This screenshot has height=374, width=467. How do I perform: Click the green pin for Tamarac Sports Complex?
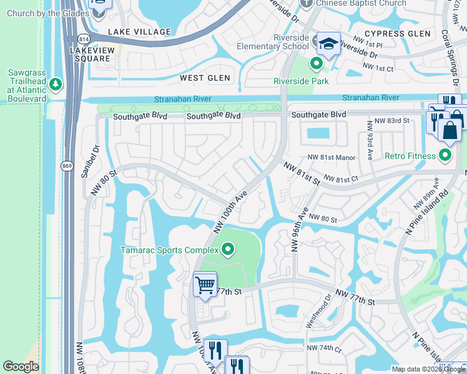point(228,250)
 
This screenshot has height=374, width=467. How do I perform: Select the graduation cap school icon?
point(328,43)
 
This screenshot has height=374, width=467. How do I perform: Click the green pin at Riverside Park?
point(317,63)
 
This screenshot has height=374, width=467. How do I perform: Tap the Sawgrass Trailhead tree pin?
point(56,83)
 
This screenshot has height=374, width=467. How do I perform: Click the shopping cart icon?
point(205,285)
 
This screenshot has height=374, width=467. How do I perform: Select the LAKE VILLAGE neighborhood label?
point(139,32)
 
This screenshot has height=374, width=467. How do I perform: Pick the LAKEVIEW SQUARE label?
point(91,54)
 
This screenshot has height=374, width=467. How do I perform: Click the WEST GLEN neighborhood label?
point(205,78)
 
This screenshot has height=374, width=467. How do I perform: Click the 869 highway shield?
point(67,165)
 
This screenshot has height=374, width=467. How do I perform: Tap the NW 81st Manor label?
point(331,158)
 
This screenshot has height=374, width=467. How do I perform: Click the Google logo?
point(21,367)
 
